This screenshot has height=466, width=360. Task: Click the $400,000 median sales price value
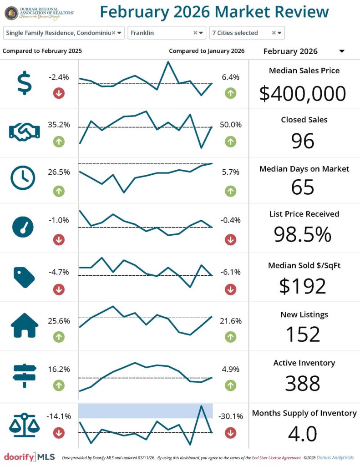click(303, 93)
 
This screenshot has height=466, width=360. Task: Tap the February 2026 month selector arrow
click(342, 51)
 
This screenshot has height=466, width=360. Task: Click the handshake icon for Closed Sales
click(24, 132)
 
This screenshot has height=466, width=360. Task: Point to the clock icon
click(22, 178)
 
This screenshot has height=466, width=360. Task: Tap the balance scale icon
click(24, 425)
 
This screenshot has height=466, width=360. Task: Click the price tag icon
click(24, 277)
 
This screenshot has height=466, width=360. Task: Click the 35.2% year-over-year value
click(59, 125)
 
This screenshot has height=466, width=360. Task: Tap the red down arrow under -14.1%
click(59, 433)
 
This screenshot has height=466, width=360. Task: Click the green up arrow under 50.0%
click(230, 142)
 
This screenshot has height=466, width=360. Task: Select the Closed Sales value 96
click(303, 141)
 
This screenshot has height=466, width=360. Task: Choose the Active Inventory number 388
click(303, 383)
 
